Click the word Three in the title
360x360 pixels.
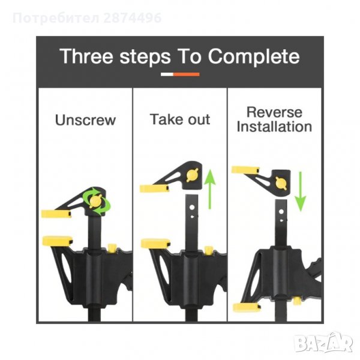[86, 56]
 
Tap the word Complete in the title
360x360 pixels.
[254, 57]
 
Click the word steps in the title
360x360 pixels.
[145, 58]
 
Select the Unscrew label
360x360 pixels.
[85, 120]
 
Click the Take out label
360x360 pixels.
[180, 119]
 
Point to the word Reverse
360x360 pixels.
[274, 112]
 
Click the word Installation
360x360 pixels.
[274, 127]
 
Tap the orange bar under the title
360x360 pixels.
[186, 74]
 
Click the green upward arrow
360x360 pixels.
[209, 189]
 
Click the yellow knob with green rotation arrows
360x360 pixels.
[95, 201]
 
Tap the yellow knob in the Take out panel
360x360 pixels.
[193, 175]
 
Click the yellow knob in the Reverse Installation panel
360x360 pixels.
[281, 184]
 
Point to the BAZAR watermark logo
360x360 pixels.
[324, 343]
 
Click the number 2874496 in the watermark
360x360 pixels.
[133, 18]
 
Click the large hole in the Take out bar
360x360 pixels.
[192, 208]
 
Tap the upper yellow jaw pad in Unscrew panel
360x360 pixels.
[56, 214]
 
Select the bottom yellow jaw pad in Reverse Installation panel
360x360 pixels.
[247, 307]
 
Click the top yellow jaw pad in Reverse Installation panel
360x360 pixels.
[245, 170]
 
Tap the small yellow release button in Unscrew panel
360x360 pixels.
[112, 248]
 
